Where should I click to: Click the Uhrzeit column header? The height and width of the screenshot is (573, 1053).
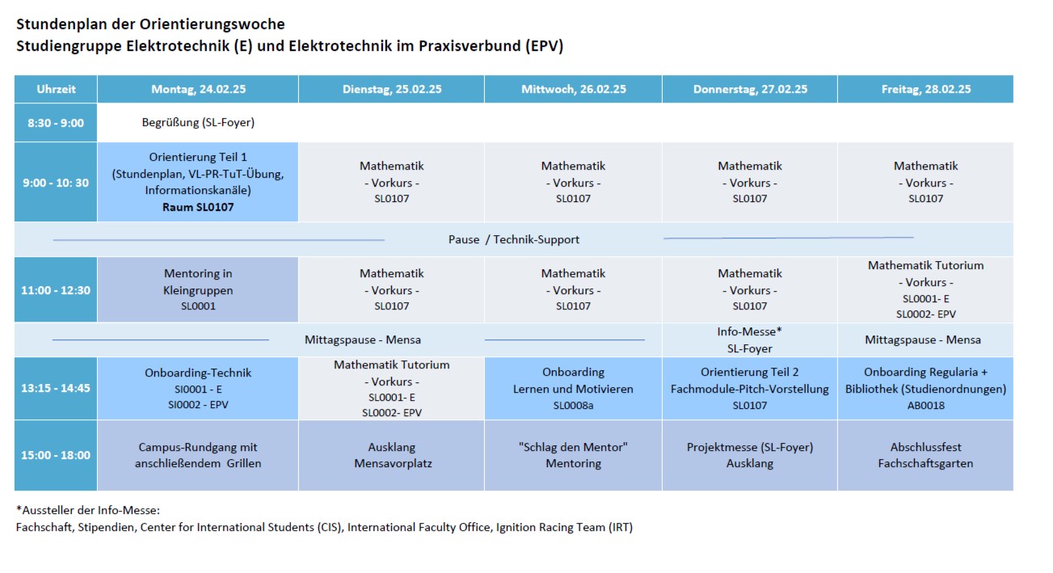tap(56, 90)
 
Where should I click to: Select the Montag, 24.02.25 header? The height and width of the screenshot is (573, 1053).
tap(198, 90)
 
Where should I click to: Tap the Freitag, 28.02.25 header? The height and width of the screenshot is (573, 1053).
tap(925, 90)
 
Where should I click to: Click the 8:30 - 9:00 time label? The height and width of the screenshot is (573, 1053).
tap(56, 123)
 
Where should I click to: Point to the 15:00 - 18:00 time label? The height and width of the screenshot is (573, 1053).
tap(56, 455)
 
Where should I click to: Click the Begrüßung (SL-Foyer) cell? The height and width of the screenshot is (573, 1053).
tap(198, 123)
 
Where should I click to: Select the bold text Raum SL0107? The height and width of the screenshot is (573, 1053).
tap(198, 207)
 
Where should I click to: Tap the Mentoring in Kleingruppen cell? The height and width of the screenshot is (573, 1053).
tap(198, 289)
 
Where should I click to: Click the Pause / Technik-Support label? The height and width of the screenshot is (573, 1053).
tap(514, 240)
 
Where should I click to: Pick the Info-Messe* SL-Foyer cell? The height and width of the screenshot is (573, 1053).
tap(749, 340)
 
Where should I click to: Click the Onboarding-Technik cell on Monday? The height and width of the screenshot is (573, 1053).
tap(198, 388)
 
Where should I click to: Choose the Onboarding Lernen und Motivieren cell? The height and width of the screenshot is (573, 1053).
tap(573, 388)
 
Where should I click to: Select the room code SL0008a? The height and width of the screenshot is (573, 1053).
tap(573, 405)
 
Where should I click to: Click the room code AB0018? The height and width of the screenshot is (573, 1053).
tap(925, 405)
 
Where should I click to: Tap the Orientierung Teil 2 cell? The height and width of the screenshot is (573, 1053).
tap(749, 388)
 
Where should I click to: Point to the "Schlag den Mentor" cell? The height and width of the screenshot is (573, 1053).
tap(573, 455)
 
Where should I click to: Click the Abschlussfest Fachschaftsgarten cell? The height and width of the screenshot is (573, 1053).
tap(925, 455)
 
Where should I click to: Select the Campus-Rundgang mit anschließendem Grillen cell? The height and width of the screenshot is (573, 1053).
tap(198, 455)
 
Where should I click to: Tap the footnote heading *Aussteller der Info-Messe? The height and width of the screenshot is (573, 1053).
tap(88, 510)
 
